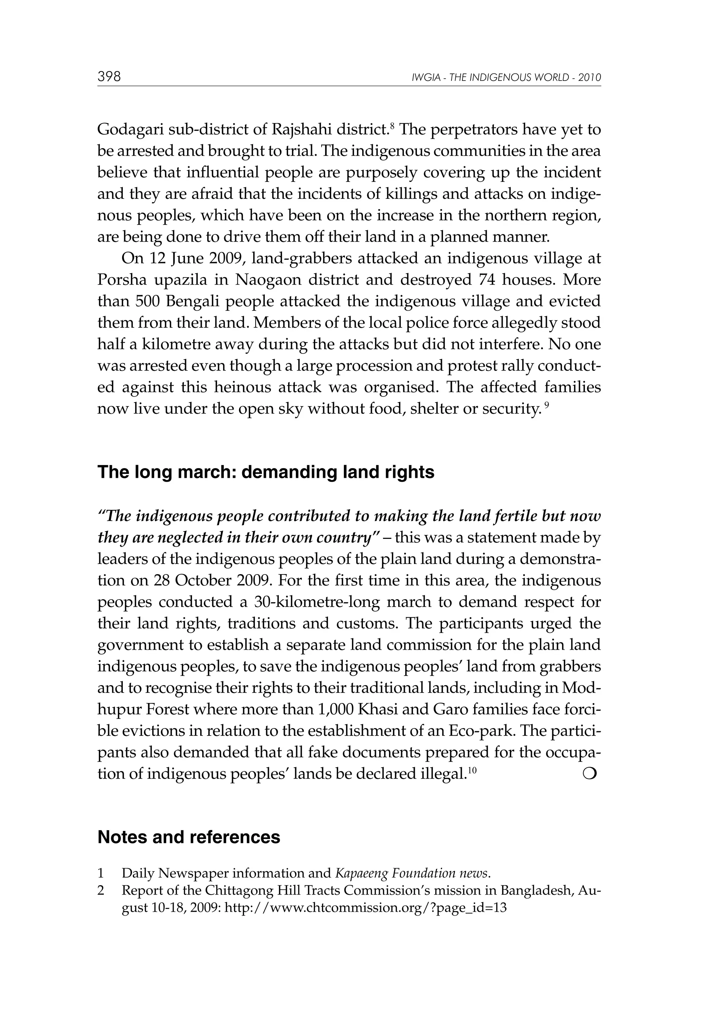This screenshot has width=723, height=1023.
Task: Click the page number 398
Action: [x=109, y=77]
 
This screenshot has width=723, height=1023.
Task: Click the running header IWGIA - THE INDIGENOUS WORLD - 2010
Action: [x=507, y=78]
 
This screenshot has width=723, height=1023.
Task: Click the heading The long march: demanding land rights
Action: [x=265, y=472]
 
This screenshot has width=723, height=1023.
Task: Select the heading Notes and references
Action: [x=189, y=837]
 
